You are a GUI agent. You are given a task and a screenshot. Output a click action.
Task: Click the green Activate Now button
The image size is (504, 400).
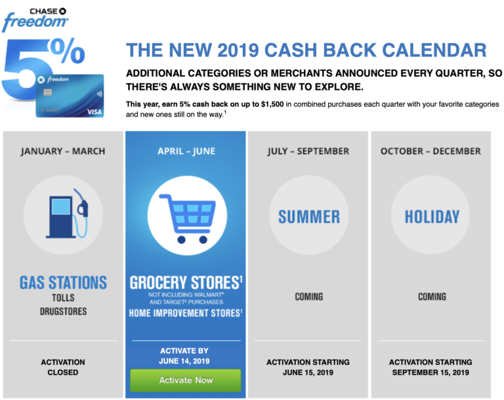(x=186, y=380)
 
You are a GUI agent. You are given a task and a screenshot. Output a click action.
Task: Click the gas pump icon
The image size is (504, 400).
(x=63, y=211)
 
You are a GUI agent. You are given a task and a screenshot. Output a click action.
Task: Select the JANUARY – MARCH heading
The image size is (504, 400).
(x=63, y=151)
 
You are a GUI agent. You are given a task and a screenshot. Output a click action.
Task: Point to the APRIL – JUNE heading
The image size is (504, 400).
(x=186, y=151)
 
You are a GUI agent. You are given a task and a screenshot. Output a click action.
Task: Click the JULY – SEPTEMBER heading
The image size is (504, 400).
(x=308, y=151)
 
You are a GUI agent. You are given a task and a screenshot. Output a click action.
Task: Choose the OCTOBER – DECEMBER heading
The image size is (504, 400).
(x=430, y=151)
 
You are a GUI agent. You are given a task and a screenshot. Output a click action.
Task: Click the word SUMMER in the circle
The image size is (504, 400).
(x=308, y=216)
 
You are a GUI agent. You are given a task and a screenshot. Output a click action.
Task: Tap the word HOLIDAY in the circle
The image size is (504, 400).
(x=431, y=216)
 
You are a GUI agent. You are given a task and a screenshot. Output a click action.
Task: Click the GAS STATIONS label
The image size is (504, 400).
(x=63, y=283)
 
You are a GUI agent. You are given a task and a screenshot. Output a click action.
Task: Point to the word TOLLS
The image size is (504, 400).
(x=63, y=298)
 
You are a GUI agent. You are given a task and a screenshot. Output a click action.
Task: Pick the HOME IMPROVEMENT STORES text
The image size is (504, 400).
(x=184, y=313)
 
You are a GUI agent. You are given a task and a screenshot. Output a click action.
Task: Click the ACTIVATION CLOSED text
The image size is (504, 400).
(x=63, y=367)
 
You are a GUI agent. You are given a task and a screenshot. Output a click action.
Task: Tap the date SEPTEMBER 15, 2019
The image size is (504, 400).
(x=430, y=372)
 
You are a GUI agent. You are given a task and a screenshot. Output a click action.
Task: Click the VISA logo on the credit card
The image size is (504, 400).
(x=95, y=111)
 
